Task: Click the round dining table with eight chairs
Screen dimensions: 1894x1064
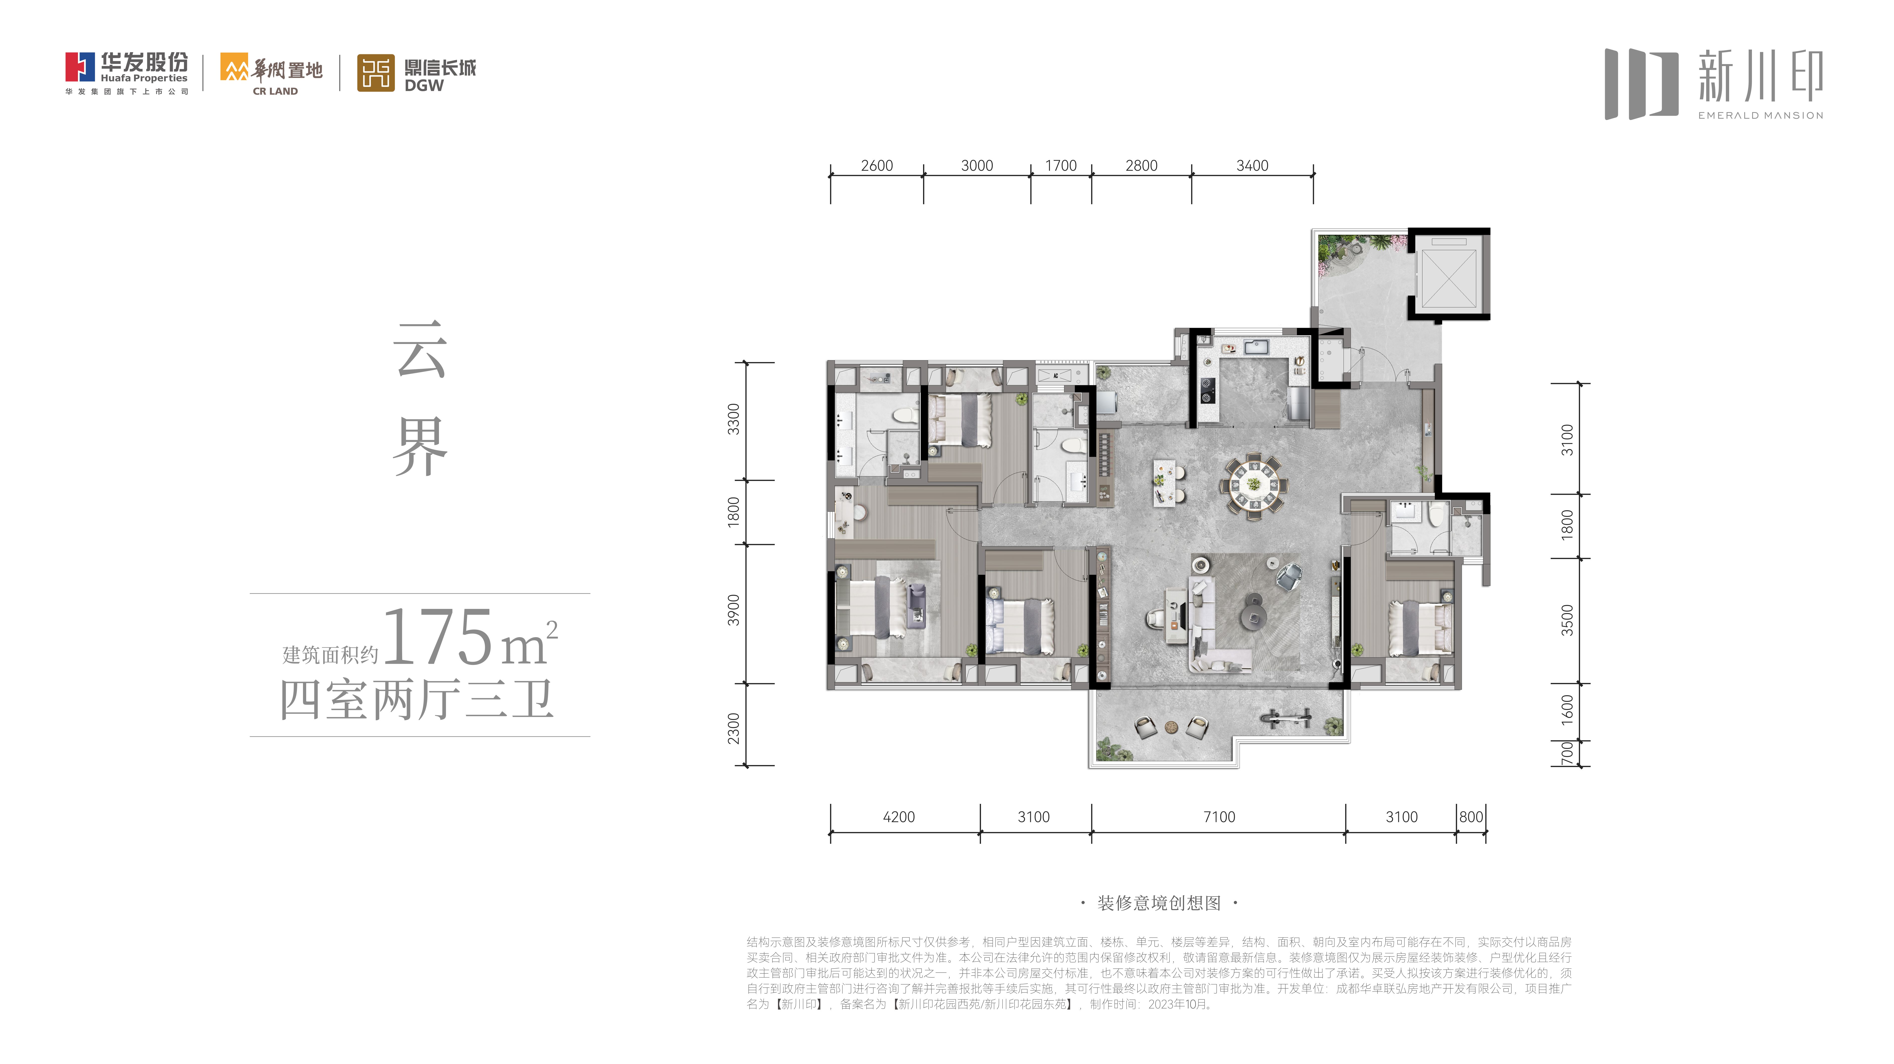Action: pos(1254,485)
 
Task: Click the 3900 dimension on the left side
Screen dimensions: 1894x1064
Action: pos(733,610)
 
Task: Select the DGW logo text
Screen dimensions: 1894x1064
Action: pos(424,85)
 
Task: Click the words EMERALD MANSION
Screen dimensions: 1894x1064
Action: pos(1760,115)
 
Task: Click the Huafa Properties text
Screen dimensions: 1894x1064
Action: pos(144,78)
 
